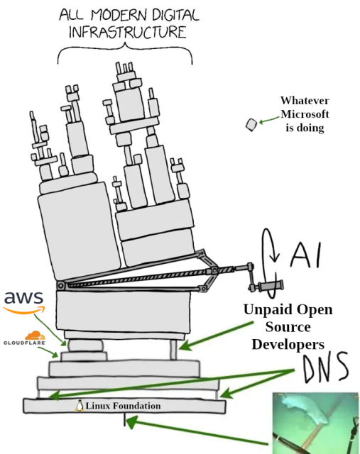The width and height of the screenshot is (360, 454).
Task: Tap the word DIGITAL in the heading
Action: point(165,14)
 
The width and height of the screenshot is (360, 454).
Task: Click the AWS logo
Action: point(23,301)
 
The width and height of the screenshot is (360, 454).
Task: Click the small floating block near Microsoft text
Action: point(251,124)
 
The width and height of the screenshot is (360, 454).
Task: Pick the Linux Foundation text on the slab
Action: point(123,406)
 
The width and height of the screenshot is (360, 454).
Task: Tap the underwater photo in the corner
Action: point(315,423)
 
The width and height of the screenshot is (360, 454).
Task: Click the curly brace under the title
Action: point(124,53)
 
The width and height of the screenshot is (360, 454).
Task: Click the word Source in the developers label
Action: point(288,327)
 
